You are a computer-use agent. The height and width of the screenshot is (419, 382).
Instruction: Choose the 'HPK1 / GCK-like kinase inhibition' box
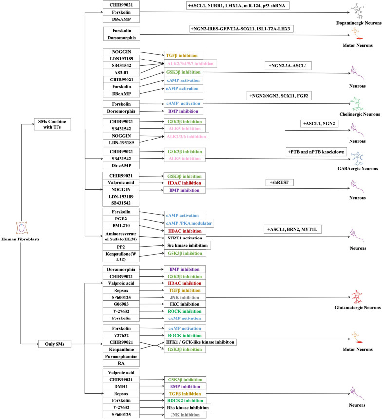click(193, 342)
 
